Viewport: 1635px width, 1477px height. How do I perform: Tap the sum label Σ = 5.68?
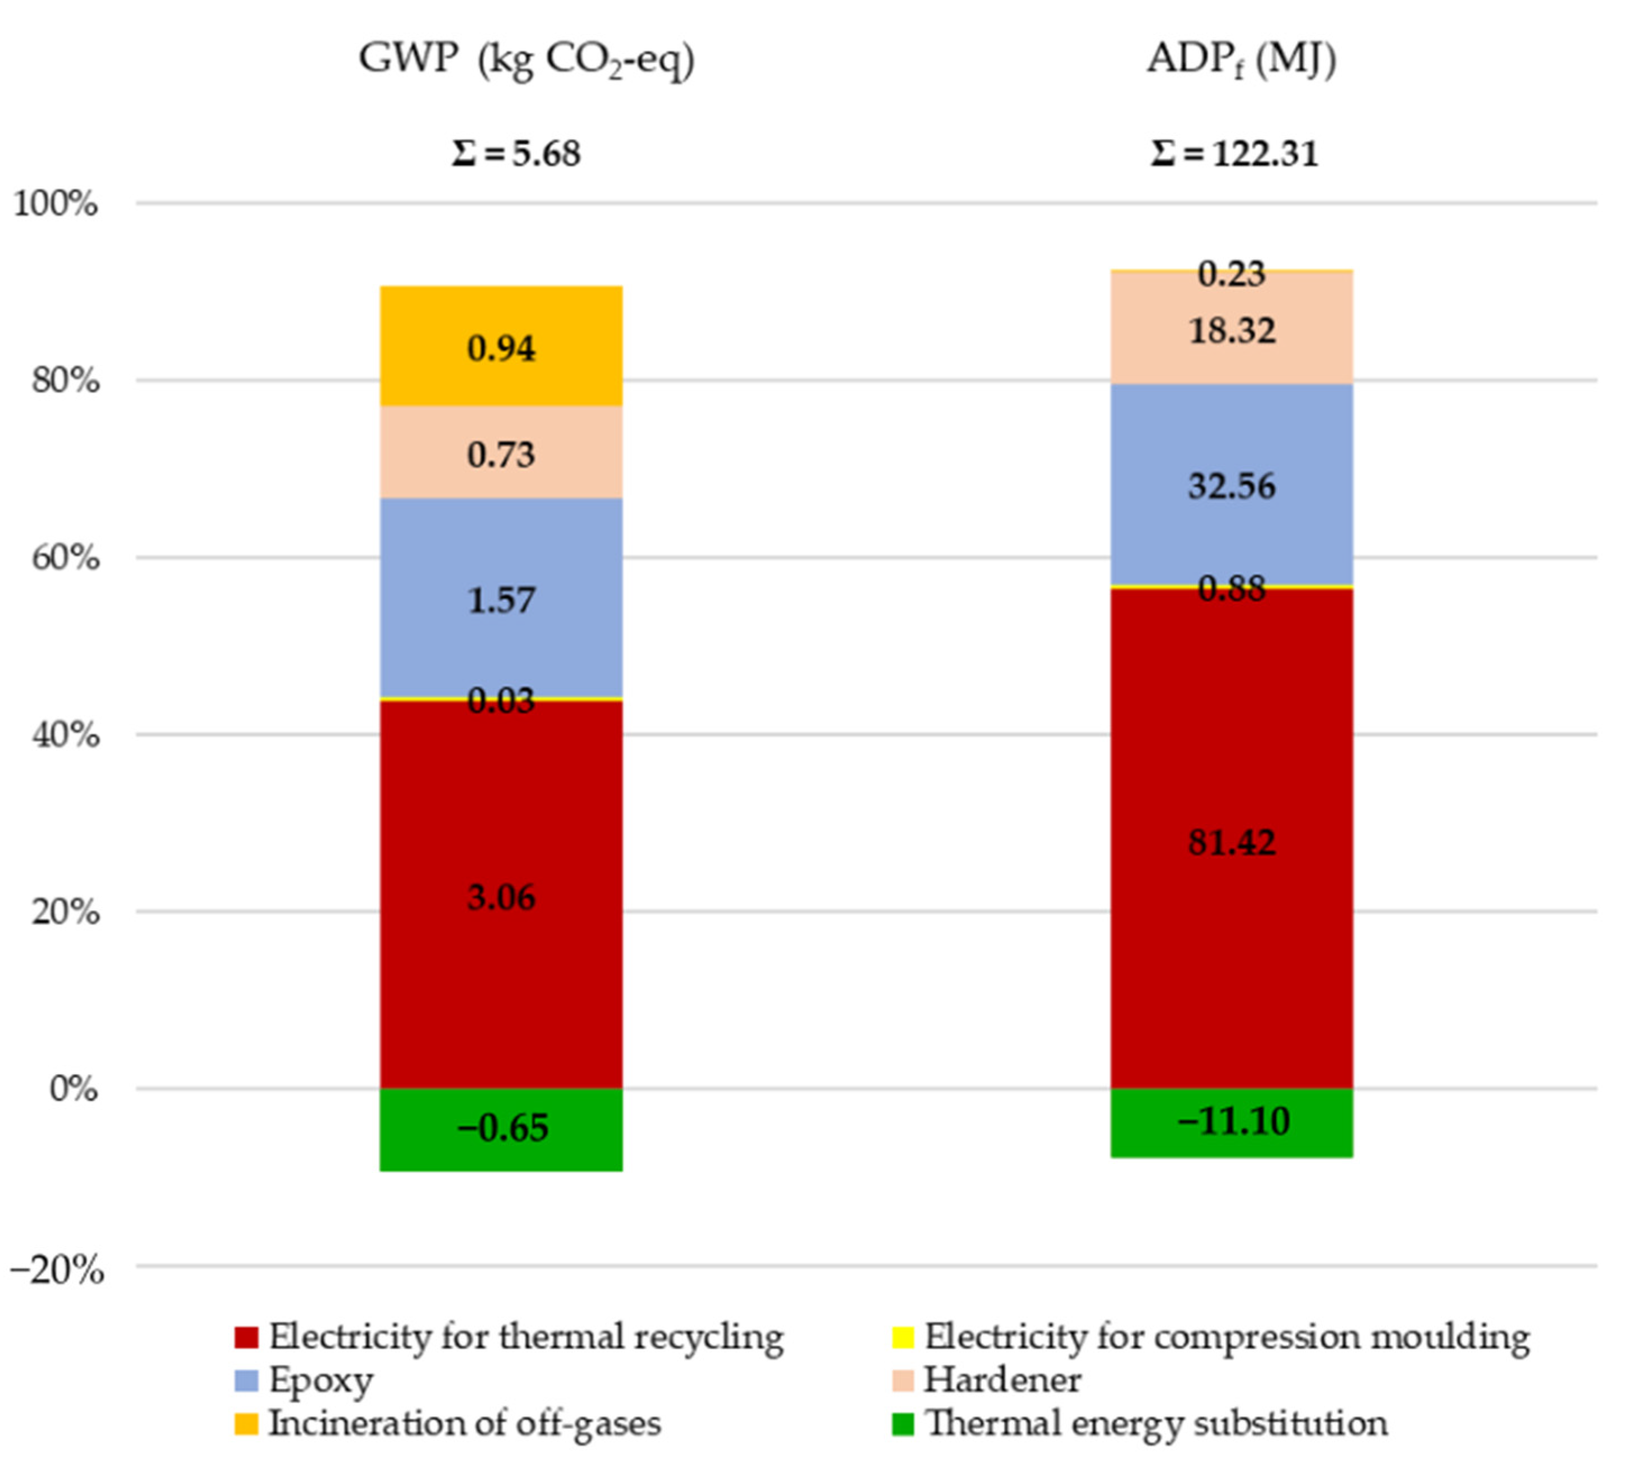516,153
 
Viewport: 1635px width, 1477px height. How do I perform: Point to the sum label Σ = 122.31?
1234,153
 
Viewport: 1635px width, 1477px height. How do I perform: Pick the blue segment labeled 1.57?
501,598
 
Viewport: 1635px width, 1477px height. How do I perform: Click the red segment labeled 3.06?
501,896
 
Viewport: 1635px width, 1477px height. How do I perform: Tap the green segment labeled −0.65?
501,1129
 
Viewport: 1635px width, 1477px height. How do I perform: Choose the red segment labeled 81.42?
1231,841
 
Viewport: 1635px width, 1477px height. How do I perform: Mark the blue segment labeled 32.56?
1231,485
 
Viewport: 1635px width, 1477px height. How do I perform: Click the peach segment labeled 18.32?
1231,329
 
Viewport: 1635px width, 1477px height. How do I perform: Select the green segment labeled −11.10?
1231,1122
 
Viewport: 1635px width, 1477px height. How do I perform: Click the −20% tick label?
57,1269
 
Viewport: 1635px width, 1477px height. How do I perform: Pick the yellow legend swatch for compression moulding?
903,1336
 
